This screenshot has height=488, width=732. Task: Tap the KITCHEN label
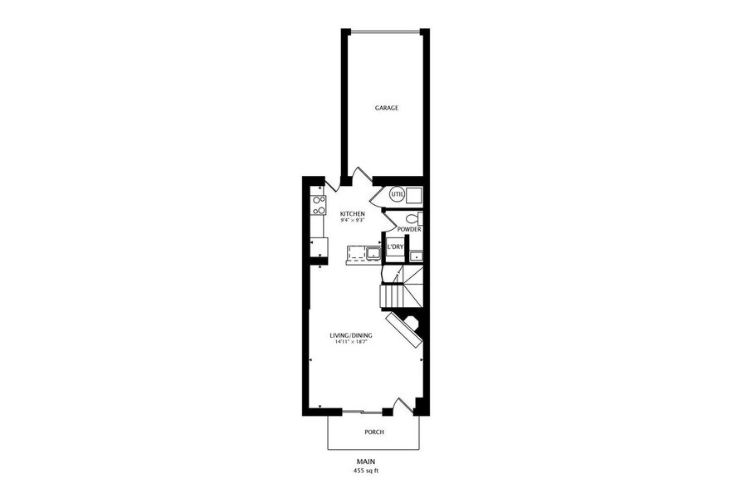[x=353, y=214]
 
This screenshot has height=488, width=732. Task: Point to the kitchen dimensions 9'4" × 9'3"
[x=353, y=222]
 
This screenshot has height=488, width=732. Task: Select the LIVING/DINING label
[x=353, y=335]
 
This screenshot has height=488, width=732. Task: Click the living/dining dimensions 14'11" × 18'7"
[x=353, y=342]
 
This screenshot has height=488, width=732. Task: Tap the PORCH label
[x=374, y=432]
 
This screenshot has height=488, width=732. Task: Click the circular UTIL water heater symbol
[x=397, y=194]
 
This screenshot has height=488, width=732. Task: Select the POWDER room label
[x=408, y=229]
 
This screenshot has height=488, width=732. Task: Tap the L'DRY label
[x=395, y=247]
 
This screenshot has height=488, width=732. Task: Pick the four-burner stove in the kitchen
[x=317, y=205]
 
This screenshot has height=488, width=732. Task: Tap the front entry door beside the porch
[x=404, y=405]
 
